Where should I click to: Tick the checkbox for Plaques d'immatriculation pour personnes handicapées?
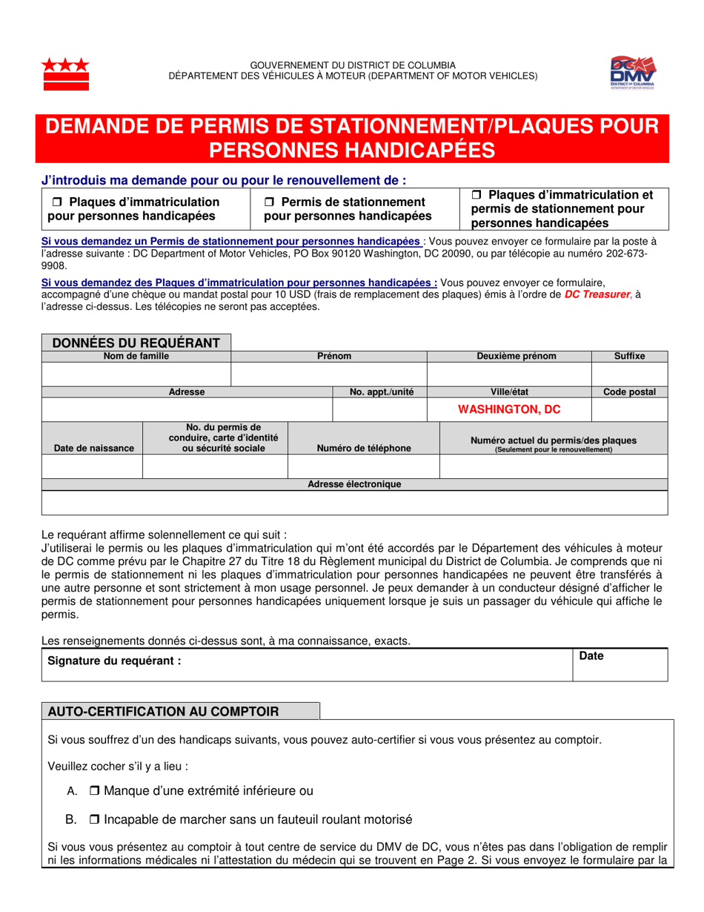[56, 202]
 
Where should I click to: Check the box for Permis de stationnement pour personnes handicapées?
[270, 202]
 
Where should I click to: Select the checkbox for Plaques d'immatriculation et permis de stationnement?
[477, 195]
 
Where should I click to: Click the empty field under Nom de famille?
[137, 374]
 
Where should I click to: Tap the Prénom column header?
[329, 357]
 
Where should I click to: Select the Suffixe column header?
[629, 357]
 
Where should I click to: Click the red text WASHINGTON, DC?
[508, 409]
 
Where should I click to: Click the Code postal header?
[629, 392]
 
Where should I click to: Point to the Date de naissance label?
[93, 448]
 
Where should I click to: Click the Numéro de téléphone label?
[363, 448]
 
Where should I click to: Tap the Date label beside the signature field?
[591, 656]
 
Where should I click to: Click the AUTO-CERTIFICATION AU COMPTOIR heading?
[163, 712]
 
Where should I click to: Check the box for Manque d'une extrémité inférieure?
[94, 791]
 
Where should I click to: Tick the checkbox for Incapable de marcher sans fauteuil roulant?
[94, 820]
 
